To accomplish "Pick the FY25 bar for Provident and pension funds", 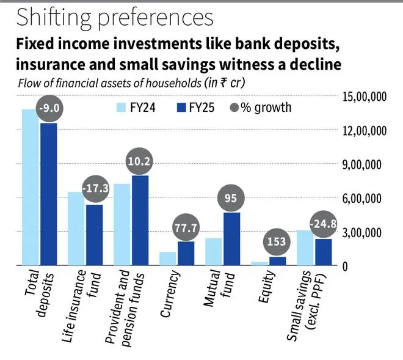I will coord(140,221).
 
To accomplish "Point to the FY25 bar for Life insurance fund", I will coord(94,235).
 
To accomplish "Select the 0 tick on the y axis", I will coord(345,266).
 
